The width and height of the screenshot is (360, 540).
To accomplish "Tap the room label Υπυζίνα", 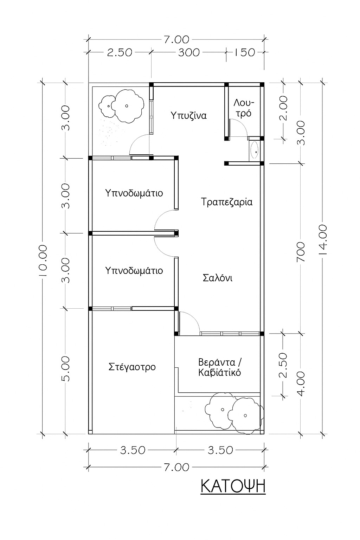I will point(188,116).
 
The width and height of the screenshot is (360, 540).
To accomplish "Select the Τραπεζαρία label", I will point(227,202).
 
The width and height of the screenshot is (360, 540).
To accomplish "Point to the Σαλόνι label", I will point(218,278).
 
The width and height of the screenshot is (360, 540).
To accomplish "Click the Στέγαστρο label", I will point(132,367).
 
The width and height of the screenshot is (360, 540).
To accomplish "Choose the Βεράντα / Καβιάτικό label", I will point(220,367).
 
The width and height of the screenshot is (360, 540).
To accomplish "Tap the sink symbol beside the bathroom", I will point(255,149).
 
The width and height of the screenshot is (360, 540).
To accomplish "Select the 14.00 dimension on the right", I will point(323,239).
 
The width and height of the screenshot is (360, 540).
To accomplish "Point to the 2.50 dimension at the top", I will point(120,52).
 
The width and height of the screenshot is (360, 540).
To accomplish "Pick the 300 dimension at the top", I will point(189,52).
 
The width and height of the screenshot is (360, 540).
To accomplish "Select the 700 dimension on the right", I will point(301,251).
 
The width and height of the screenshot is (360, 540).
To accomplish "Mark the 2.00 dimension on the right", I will point(283,108).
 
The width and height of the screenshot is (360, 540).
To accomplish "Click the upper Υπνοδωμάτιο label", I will point(134,193).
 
